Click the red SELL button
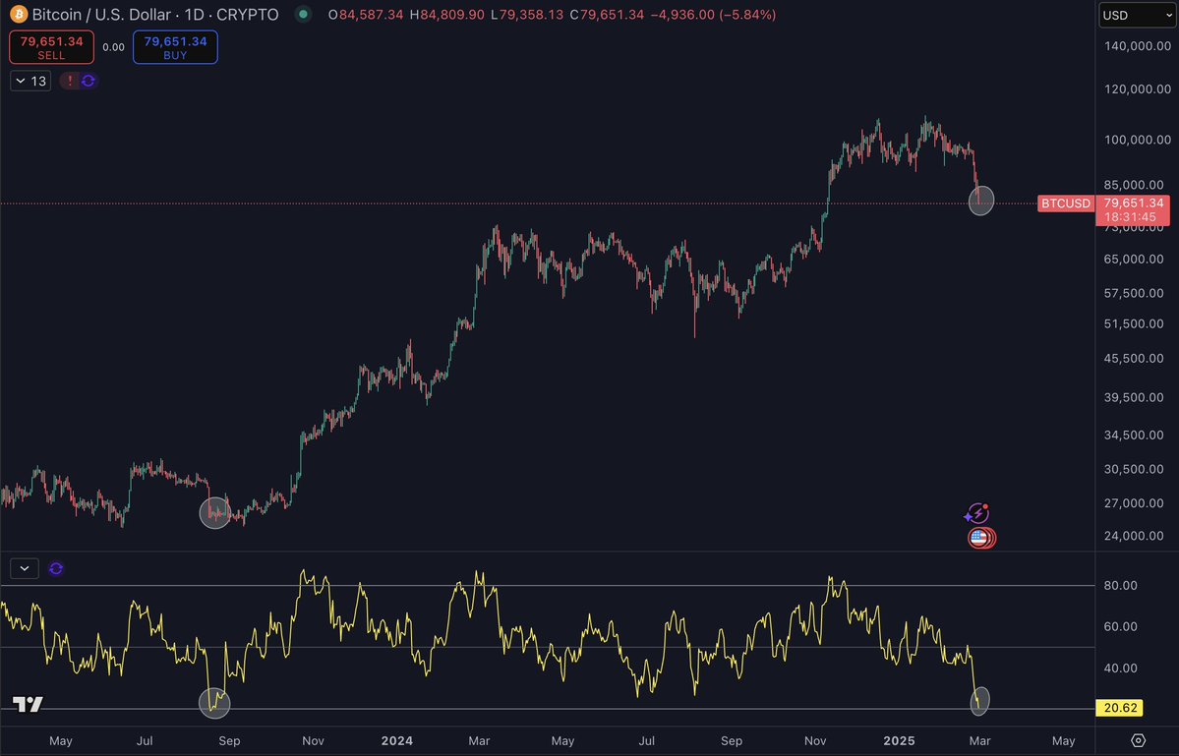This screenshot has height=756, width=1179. [51, 47]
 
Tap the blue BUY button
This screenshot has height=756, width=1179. [175, 47]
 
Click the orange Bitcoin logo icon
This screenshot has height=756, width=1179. [17, 15]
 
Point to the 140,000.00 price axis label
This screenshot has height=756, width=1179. [1135, 46]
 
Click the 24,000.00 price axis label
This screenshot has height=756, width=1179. [1135, 536]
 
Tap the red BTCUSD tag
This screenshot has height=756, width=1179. [1066, 204]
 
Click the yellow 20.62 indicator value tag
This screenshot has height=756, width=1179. [1122, 709]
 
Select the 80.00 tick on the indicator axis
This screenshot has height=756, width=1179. [1122, 585]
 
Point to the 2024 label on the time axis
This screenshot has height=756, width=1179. [398, 740]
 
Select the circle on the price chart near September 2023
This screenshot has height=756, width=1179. [215, 512]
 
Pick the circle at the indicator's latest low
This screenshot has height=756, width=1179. [979, 700]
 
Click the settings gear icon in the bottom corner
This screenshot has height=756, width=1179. [1138, 740]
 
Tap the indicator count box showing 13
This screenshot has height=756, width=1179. [30, 81]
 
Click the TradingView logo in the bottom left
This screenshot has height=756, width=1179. [28, 704]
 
